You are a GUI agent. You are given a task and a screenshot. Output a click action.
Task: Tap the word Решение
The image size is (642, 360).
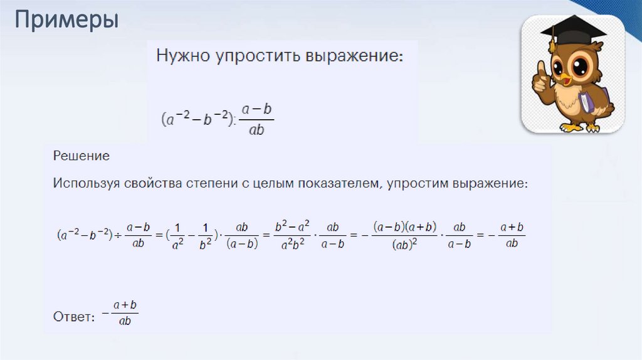[81, 155]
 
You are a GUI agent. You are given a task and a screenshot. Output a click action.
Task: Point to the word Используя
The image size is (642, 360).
[87, 184]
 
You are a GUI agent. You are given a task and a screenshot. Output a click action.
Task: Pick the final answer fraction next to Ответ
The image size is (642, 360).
[125, 312]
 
